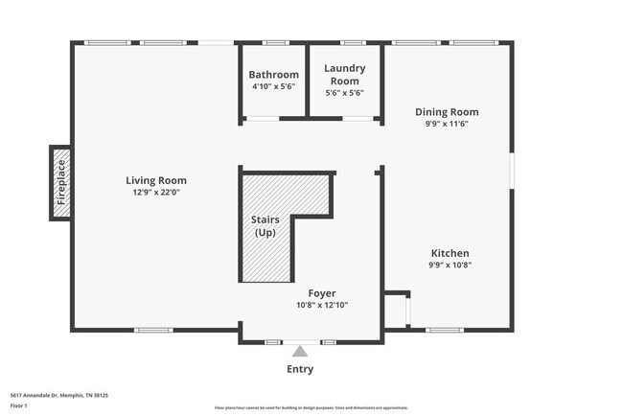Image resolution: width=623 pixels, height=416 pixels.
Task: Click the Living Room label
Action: pyautogui.click(x=156, y=180)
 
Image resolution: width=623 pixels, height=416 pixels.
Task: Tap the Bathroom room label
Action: pyautogui.click(x=273, y=75)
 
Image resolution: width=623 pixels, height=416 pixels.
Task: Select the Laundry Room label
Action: pyautogui.click(x=345, y=74)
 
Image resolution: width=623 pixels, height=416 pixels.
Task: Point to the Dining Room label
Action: pyautogui.click(x=447, y=112)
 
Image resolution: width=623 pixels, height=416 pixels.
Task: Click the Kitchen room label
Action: pyautogui.click(x=449, y=252)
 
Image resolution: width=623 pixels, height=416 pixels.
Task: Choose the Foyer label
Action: pyautogui.click(x=321, y=293)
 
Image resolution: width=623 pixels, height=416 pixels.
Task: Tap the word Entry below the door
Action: pyautogui.click(x=300, y=369)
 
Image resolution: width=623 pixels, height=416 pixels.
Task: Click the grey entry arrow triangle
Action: pyautogui.click(x=300, y=352)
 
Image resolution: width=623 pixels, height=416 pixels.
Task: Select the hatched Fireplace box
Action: pyautogui.click(x=61, y=183)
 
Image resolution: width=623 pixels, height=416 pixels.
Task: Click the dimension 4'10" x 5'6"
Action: pyautogui.click(x=273, y=86)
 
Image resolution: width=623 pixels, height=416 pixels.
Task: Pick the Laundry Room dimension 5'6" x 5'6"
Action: pyautogui.click(x=345, y=93)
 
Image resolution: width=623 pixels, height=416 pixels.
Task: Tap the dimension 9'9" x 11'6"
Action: pyautogui.click(x=447, y=124)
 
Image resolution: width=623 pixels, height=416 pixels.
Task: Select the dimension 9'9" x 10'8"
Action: pyautogui.click(x=449, y=265)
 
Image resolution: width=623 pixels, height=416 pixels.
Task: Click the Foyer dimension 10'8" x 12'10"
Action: pyautogui.click(x=321, y=305)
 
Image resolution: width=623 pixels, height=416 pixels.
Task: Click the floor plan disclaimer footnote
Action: pyautogui.click(x=311, y=407)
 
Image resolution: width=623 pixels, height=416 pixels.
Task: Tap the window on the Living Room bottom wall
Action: pyautogui.click(x=152, y=331)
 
